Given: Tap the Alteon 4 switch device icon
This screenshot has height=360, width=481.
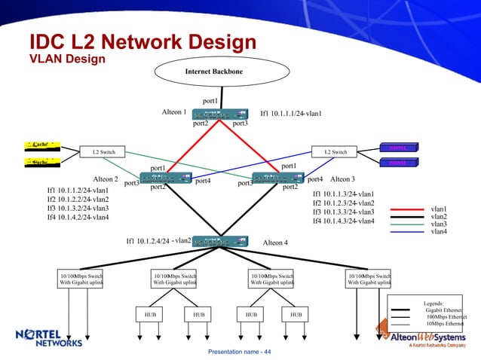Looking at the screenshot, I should point(220,241).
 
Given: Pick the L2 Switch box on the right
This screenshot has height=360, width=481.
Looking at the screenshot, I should point(335,152).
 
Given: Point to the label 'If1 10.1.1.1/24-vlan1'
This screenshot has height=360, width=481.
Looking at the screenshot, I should point(291,114).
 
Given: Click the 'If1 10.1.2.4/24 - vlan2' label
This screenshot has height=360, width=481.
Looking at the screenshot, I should point(158,241).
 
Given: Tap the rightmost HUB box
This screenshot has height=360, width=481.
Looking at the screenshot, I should point(296,314).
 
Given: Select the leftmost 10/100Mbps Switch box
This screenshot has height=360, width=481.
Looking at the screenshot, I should point(81,279).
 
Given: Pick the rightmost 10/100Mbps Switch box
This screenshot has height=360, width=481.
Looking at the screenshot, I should point(368,279).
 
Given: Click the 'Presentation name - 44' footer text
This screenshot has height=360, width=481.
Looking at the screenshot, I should point(240,352).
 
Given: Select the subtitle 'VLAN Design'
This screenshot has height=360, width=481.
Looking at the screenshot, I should point(66,58).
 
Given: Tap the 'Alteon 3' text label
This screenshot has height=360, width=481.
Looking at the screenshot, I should point(342,179).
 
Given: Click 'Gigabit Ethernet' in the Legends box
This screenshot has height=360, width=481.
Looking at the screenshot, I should point(444,310).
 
